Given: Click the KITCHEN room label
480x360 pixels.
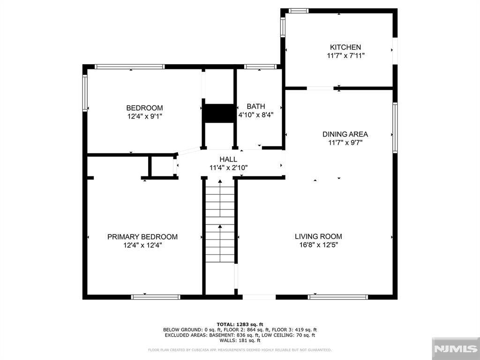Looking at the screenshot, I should [x=345, y=47].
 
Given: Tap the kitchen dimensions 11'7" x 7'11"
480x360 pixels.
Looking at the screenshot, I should [x=345, y=55].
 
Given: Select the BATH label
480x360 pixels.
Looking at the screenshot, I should [x=256, y=106].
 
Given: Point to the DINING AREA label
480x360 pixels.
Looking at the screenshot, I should [x=345, y=134].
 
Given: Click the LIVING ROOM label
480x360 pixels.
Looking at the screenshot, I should [x=318, y=237].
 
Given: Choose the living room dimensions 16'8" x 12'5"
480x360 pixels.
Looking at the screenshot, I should [x=318, y=245].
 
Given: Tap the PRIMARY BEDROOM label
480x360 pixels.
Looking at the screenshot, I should [x=142, y=237].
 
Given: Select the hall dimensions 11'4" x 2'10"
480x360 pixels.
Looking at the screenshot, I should [x=228, y=167].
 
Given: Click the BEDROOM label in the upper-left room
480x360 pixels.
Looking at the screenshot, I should [x=144, y=108].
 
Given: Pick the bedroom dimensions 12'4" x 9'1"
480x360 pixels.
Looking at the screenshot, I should [x=144, y=116].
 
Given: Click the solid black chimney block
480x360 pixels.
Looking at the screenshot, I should [x=219, y=113].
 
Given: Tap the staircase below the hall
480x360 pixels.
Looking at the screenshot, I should [x=220, y=230].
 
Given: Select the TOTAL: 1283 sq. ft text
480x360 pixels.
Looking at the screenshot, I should [x=240, y=324].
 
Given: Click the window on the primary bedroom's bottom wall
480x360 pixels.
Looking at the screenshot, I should [x=156, y=297].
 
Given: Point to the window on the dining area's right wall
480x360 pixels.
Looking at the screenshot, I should [x=395, y=127].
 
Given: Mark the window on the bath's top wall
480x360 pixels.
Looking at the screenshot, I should [x=260, y=67].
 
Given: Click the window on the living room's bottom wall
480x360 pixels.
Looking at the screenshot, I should [x=338, y=297].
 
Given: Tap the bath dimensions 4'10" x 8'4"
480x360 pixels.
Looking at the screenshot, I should [x=256, y=114].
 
